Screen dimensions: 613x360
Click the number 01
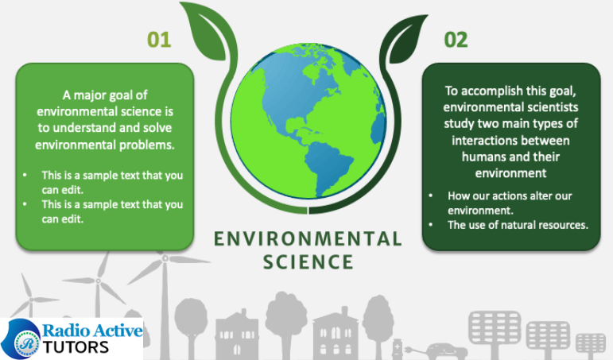click(x=159, y=40)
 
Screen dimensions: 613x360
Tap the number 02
click(x=456, y=40)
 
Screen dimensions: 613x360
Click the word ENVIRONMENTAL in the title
click(x=308, y=239)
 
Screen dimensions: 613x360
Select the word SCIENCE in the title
click(x=308, y=262)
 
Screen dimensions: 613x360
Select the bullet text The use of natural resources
click(x=518, y=225)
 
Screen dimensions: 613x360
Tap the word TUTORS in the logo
click(x=76, y=347)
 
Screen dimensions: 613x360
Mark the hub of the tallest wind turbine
click(x=165, y=258)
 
